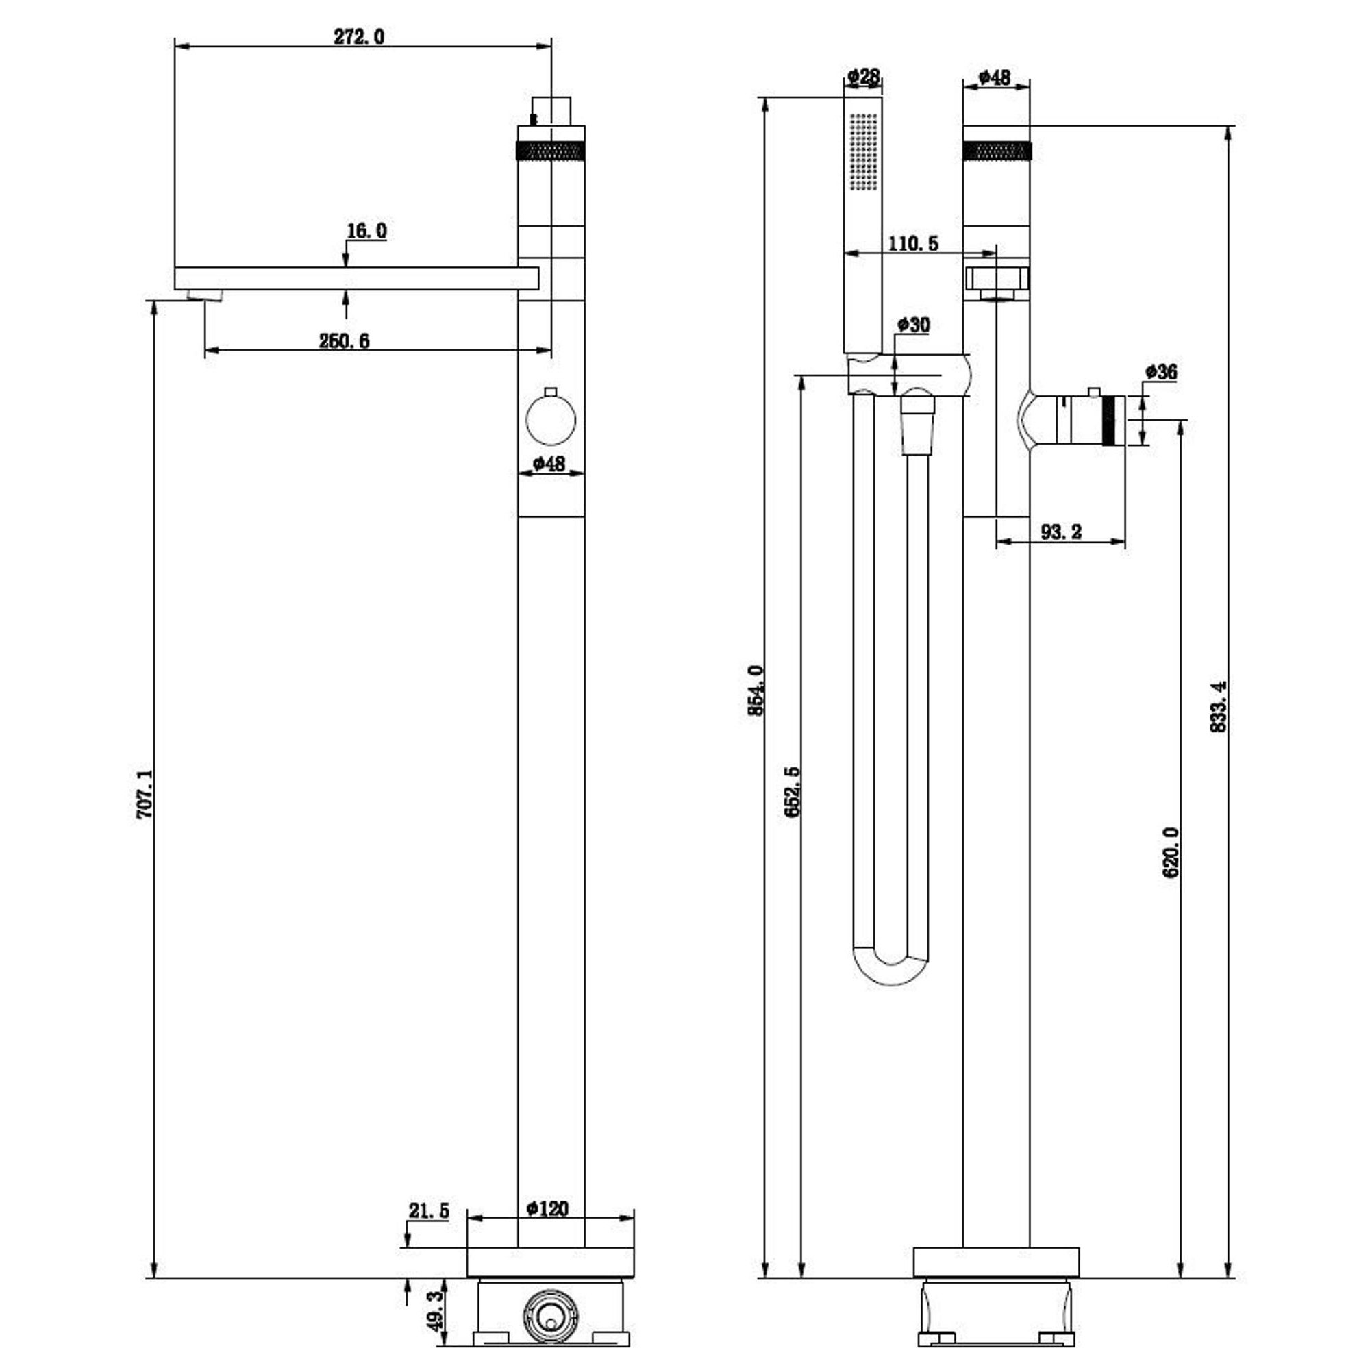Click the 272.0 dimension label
(359, 36)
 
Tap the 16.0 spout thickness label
(366, 231)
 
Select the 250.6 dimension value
(344, 341)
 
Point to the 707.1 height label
(144, 794)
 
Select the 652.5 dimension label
(792, 791)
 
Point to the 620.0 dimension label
(1170, 852)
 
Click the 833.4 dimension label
(1217, 706)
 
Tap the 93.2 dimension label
(1061, 532)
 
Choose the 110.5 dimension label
(912, 244)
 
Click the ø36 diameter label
(1161, 371)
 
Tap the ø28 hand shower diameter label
(863, 76)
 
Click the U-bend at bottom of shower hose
(890, 970)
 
